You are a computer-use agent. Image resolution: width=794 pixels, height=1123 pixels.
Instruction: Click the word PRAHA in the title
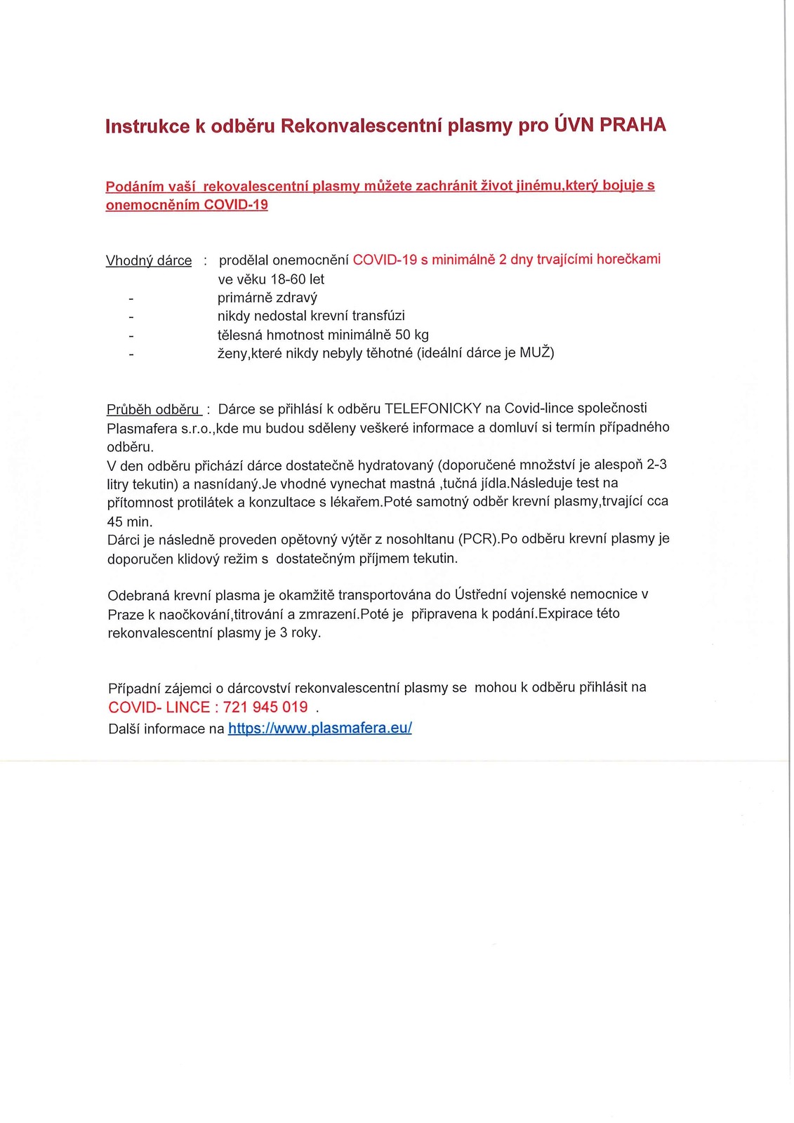click(633, 125)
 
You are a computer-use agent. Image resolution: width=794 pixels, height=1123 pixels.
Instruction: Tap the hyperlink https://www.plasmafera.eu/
click(320, 728)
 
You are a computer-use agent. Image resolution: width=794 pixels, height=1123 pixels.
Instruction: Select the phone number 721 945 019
click(265, 707)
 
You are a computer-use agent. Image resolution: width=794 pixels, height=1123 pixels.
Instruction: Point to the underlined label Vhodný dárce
click(149, 261)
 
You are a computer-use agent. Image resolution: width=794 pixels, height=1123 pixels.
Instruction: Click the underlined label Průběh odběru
click(154, 409)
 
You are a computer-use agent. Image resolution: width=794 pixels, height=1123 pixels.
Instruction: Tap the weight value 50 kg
click(412, 335)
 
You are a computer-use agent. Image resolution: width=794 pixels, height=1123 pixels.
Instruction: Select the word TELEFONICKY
click(433, 408)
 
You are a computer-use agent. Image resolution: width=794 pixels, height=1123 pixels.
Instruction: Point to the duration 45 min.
click(130, 521)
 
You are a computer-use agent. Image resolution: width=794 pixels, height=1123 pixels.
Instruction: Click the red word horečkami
click(628, 259)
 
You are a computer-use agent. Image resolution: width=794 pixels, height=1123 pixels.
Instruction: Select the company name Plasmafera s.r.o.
click(159, 428)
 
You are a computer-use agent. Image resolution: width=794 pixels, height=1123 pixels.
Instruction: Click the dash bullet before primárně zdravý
click(131, 298)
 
